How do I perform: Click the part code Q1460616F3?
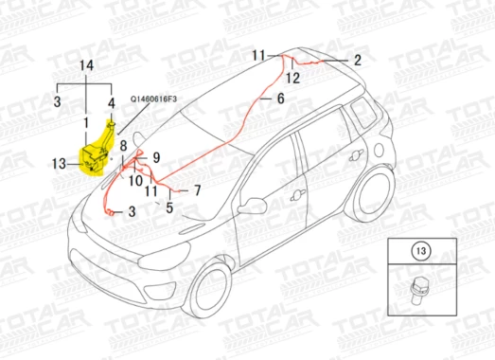[x=153, y=99]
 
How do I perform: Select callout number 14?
[x=86, y=65]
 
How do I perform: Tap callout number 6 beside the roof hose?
[x=281, y=99]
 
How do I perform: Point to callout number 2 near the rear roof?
[x=358, y=60]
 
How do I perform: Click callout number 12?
[x=292, y=78]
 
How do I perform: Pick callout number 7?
[x=198, y=190]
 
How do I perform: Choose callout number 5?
[x=169, y=207]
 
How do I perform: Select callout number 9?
[x=156, y=157]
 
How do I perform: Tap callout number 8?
[x=123, y=146]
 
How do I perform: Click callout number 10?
[x=135, y=181]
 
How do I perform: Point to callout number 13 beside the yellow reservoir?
[x=59, y=164]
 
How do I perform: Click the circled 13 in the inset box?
[x=421, y=251]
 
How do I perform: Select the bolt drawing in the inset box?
[x=417, y=290]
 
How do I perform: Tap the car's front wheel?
[x=208, y=289]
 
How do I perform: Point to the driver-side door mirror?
[x=253, y=206]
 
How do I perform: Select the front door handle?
[x=297, y=195]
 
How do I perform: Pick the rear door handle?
[x=357, y=154]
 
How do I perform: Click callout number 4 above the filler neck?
[x=112, y=103]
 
